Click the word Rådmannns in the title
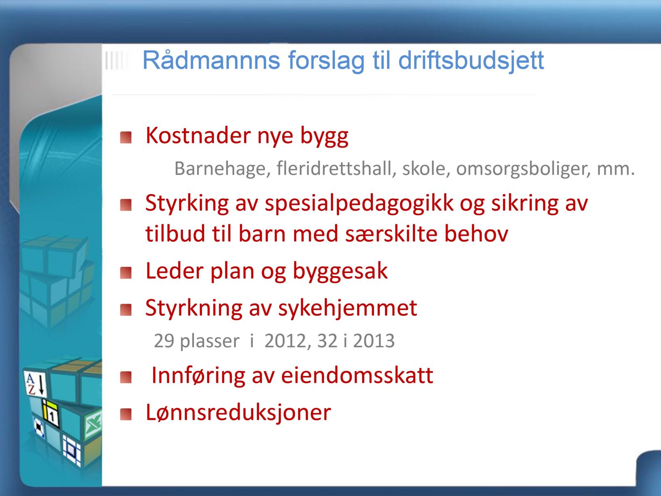pos(211,60)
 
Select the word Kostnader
pos(198,136)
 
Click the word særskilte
pos(391,234)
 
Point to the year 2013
pos(373,341)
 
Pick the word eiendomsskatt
pos(357,376)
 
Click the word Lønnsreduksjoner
pos(238,413)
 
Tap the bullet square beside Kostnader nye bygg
pos(126,137)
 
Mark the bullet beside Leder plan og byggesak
pos(126,273)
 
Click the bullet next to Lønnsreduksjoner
pos(126,414)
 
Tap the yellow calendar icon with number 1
pos(51,414)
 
